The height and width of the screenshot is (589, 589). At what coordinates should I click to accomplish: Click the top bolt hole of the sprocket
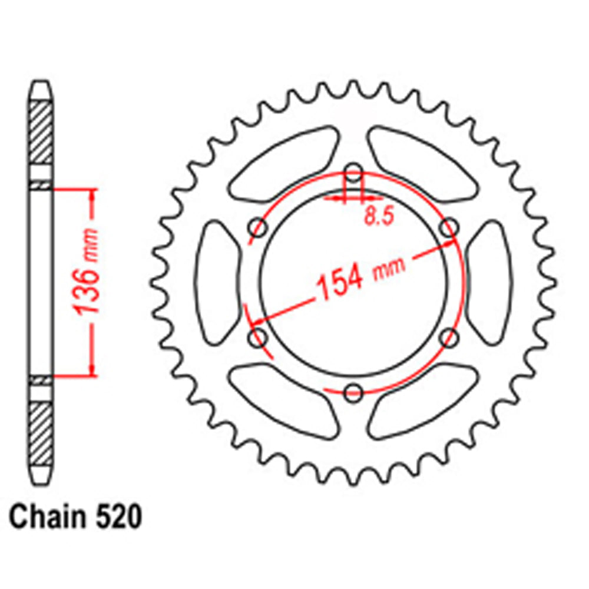[x=353, y=173]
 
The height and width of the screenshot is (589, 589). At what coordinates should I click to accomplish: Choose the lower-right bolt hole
[x=449, y=338]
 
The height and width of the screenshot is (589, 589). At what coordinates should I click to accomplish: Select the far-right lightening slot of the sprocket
[x=490, y=283]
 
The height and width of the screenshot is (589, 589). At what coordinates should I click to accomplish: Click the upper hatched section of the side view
[x=41, y=133]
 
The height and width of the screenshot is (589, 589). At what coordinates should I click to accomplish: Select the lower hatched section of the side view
[x=41, y=434]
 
